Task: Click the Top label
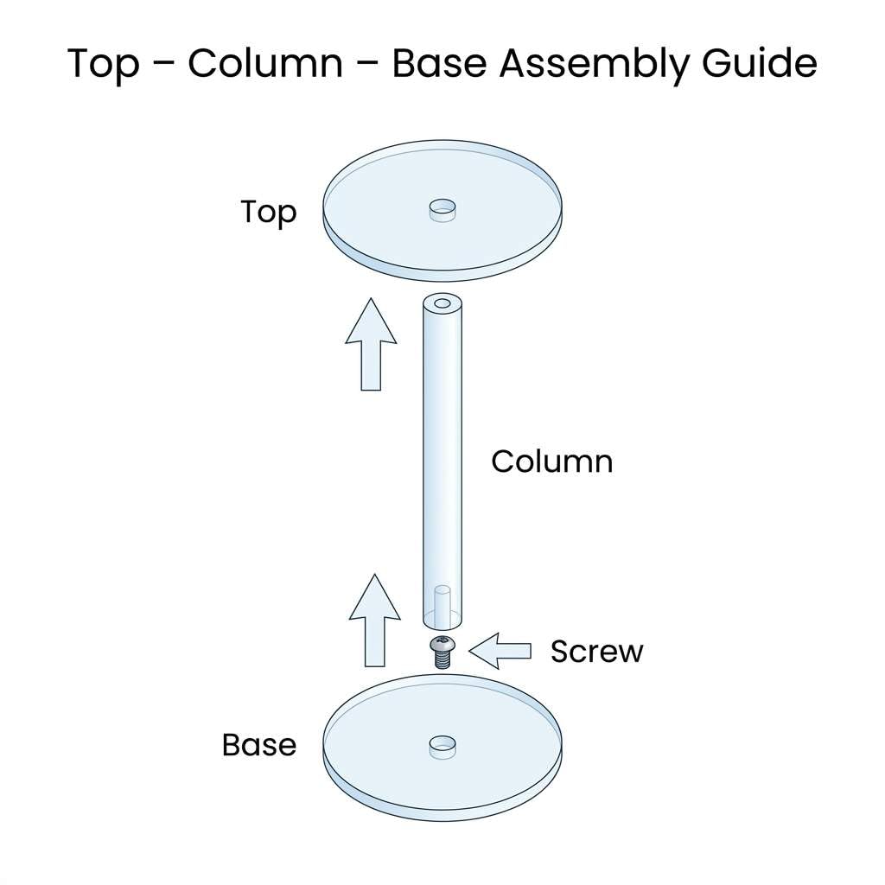click(x=268, y=212)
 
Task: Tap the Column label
click(x=551, y=461)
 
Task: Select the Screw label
click(x=596, y=651)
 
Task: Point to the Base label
click(x=258, y=745)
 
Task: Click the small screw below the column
click(x=442, y=650)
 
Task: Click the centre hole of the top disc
click(x=442, y=208)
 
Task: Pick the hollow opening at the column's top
click(x=442, y=304)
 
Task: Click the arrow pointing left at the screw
click(x=500, y=651)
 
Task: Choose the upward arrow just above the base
click(x=374, y=620)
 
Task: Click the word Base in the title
click(x=434, y=64)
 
